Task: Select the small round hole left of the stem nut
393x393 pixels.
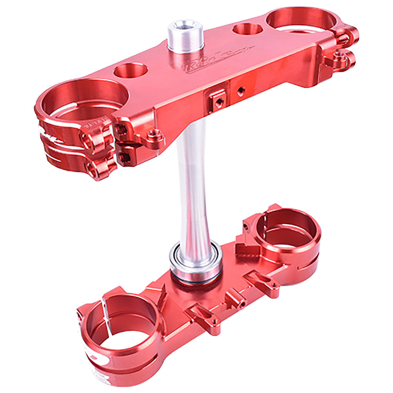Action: coord(131,71)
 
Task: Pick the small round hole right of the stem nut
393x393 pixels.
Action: coord(247,29)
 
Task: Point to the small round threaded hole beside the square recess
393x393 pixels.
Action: coord(240,90)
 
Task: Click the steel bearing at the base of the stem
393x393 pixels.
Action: coord(196,261)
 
